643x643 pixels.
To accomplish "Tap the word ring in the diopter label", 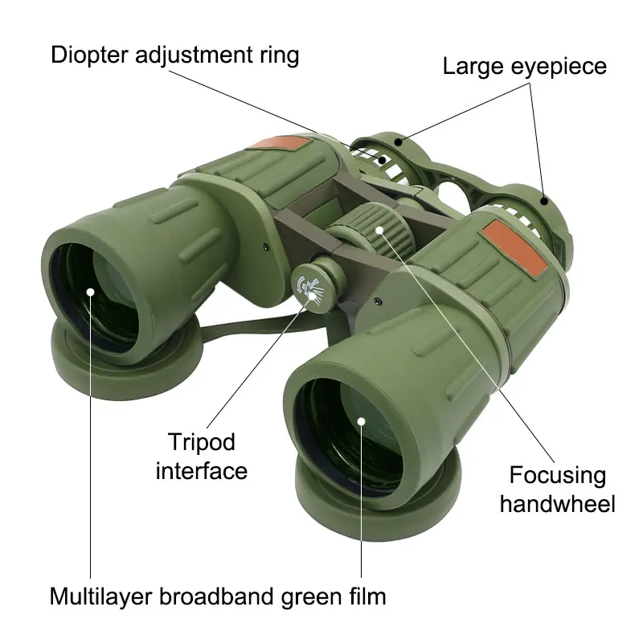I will point(277,55).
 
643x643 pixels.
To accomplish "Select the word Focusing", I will point(557,475).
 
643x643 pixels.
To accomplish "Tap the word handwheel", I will point(557,504).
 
